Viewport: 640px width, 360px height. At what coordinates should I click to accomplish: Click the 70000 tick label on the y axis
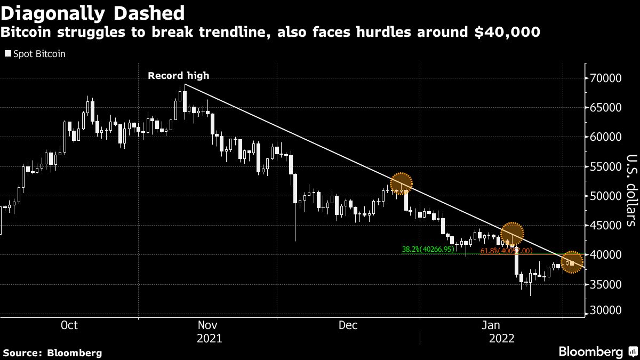[607, 78]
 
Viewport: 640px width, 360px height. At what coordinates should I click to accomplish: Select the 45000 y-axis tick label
[607, 226]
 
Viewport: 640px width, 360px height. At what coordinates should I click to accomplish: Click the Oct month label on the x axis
[69, 325]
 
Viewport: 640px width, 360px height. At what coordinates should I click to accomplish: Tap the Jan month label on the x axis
[491, 325]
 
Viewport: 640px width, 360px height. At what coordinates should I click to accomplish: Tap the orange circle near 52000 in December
[402, 184]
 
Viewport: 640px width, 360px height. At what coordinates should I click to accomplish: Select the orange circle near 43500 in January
[512, 233]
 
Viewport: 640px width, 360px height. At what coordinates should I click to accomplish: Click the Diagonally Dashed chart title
[93, 12]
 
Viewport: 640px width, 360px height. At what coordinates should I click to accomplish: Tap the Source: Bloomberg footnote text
[52, 353]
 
